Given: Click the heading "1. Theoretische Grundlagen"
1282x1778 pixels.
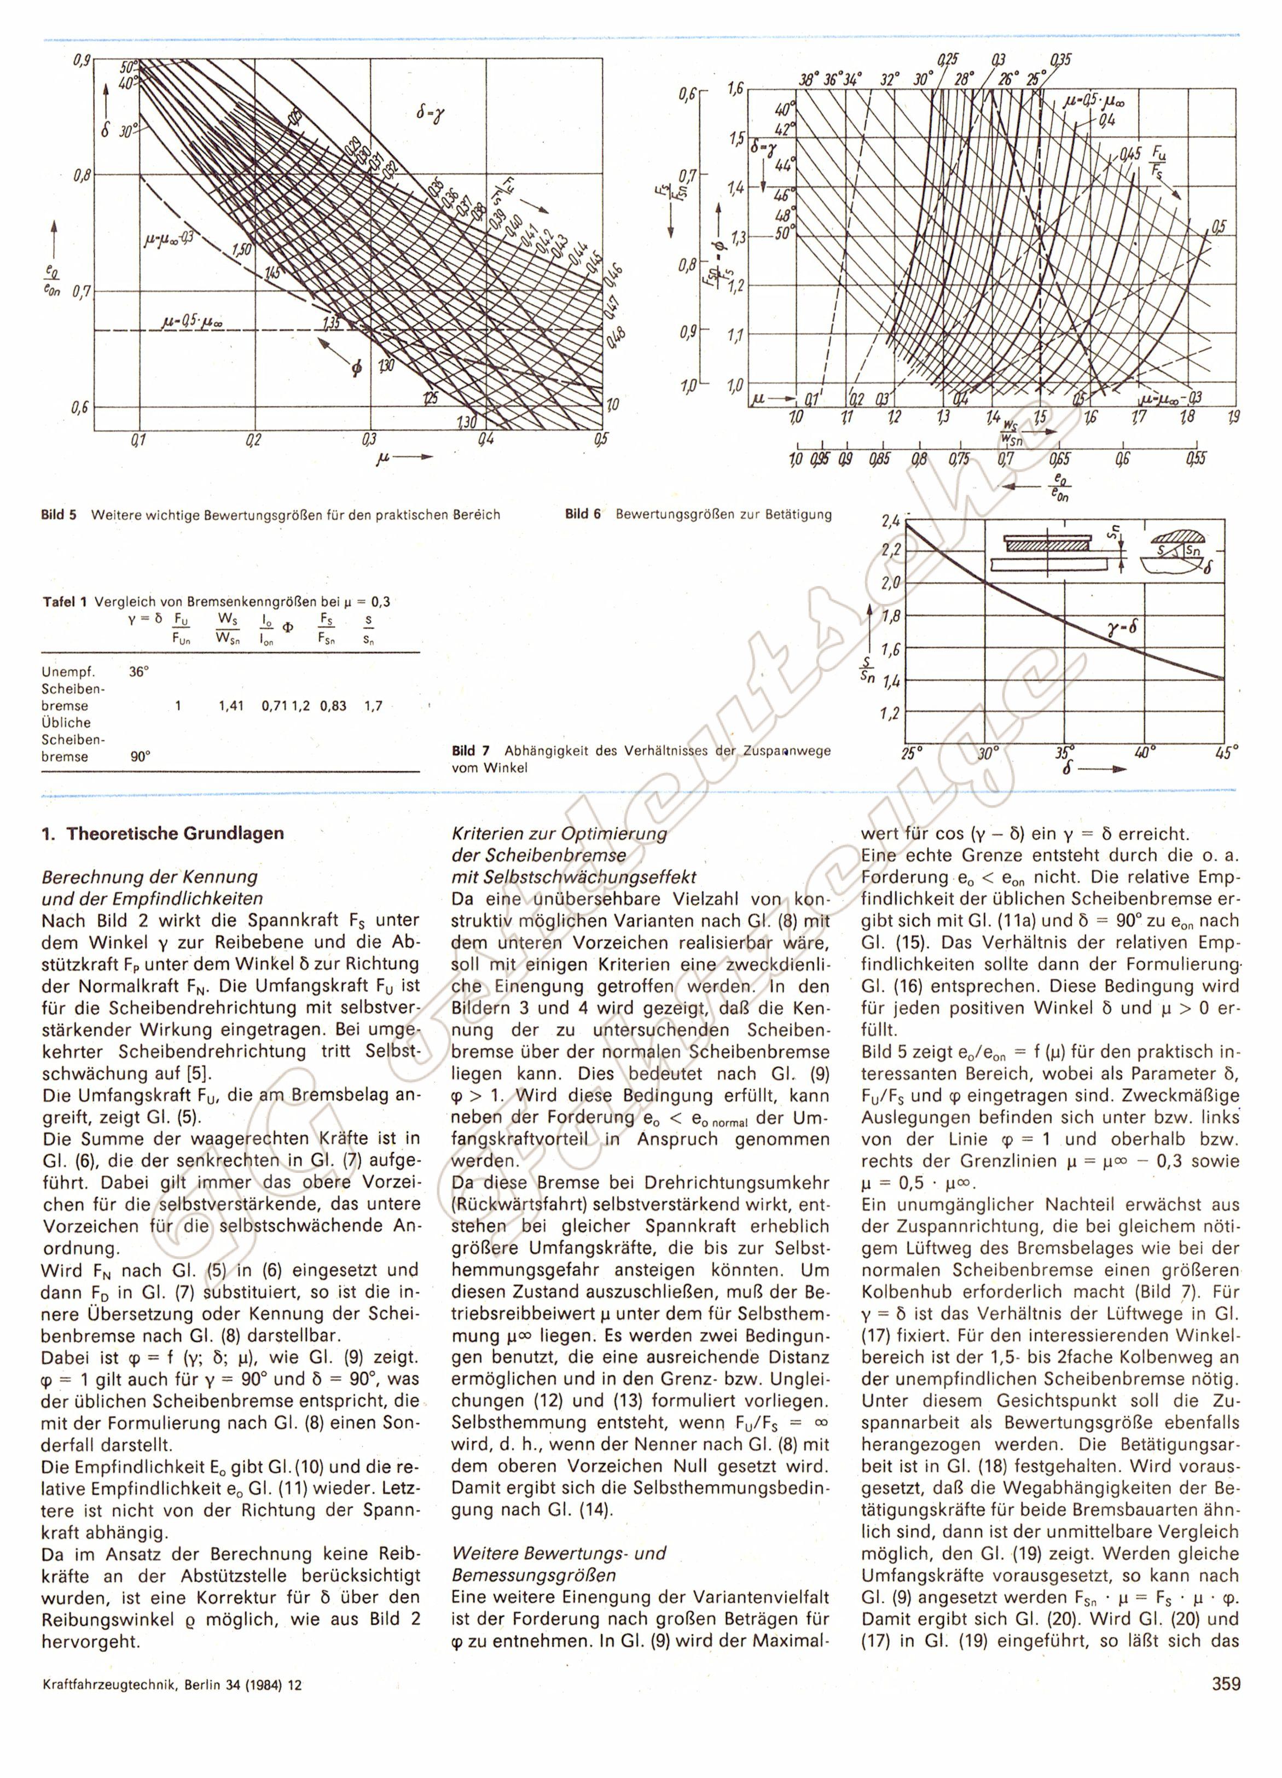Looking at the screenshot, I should click(163, 833).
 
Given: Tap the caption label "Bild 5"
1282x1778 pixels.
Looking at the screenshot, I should click(59, 515).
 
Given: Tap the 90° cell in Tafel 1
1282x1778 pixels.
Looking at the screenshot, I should click(139, 757).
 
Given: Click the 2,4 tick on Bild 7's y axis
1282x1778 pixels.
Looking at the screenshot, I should click(891, 520).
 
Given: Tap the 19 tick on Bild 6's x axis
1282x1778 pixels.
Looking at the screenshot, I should click(1234, 417).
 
